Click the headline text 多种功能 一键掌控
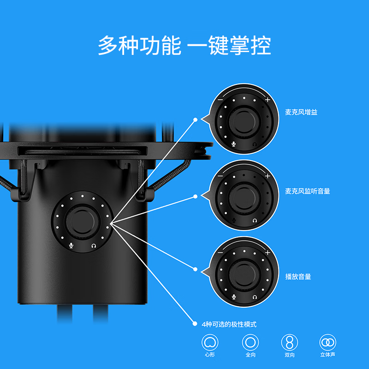pyautogui.click(x=184, y=47)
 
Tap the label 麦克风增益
pyautogui.click(x=301, y=113)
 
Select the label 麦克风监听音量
pyautogui.click(x=308, y=191)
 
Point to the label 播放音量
pyautogui.click(x=298, y=277)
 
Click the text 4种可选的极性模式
pyautogui.click(x=229, y=324)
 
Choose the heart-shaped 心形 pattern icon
pyautogui.click(x=210, y=343)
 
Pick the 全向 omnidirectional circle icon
pyautogui.click(x=250, y=343)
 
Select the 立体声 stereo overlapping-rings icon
pyautogui.click(x=328, y=343)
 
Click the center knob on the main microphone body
pyautogui.click(x=83, y=220)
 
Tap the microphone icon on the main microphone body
pyautogui.click(x=71, y=246)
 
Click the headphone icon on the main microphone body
pyautogui.click(x=94, y=246)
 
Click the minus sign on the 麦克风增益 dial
pyautogui.click(x=220, y=100)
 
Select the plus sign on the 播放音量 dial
pyautogui.click(x=267, y=253)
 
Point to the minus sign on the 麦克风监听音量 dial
pyautogui.click(x=220, y=176)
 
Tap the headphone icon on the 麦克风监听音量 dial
pyautogui.click(x=255, y=221)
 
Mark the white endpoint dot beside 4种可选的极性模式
pyautogui.click(x=195, y=324)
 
